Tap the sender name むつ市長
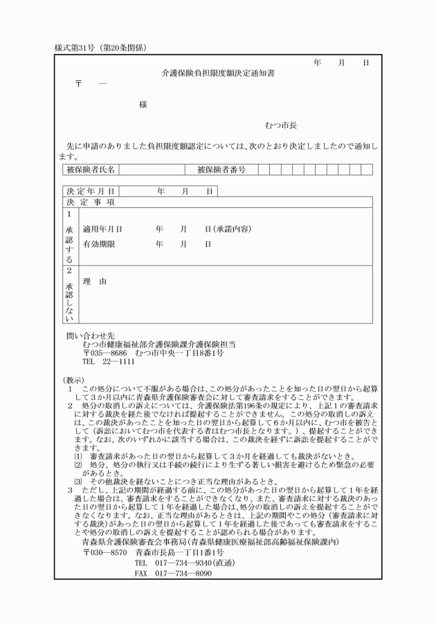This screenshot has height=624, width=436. (280, 126)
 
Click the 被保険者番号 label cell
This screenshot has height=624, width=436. (221, 169)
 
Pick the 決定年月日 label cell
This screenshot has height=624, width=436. (90, 191)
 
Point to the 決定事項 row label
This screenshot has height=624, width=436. (91, 202)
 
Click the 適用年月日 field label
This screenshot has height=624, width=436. (102, 228)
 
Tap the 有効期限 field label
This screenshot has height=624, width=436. (98, 245)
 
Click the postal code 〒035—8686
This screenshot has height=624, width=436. (105, 352)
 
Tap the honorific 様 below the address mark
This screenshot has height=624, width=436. (143, 104)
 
